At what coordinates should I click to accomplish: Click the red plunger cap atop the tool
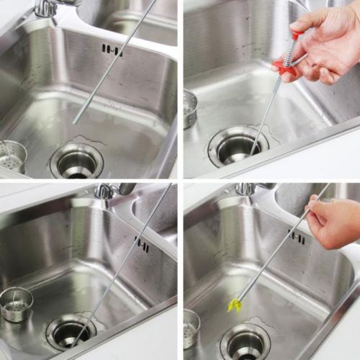296,35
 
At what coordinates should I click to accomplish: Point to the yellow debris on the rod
233,305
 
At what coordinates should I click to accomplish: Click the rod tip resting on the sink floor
75,122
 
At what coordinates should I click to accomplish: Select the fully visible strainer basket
17,305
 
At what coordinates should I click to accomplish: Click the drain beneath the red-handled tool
238,146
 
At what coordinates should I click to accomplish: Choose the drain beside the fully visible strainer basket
71,332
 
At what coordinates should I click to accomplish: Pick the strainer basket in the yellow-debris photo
191,328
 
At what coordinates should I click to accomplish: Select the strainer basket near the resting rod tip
12,156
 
